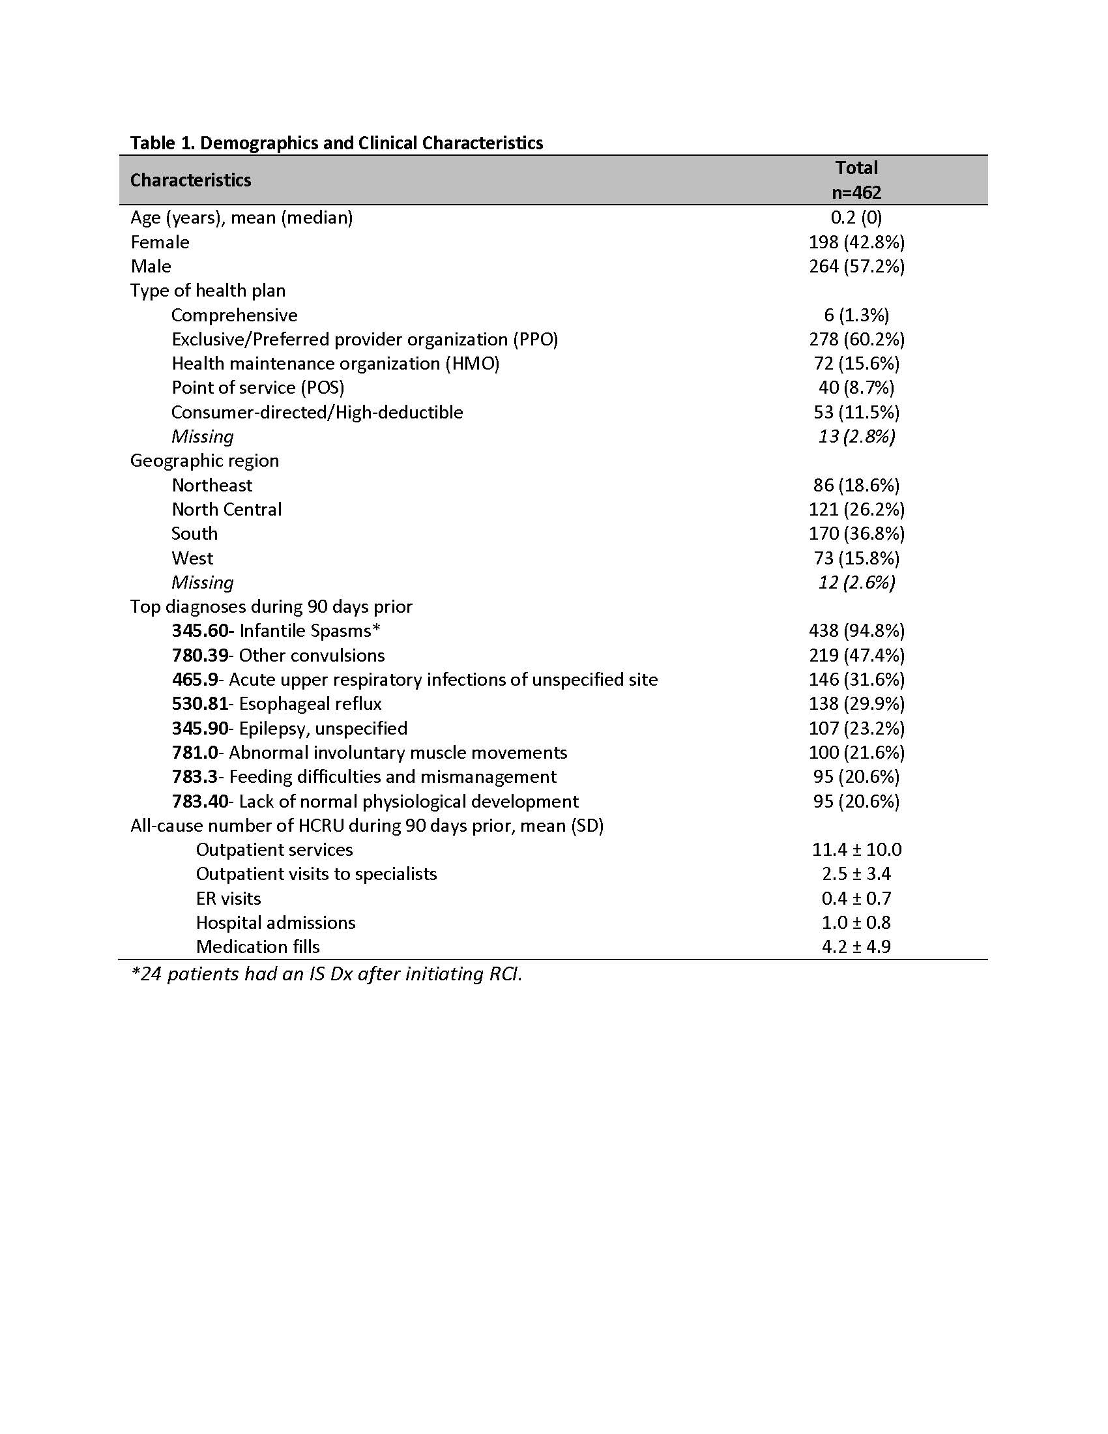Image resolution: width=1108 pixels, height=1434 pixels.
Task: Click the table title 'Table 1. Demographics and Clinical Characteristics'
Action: [x=336, y=143]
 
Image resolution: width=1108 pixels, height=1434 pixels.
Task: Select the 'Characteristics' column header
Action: [x=190, y=180]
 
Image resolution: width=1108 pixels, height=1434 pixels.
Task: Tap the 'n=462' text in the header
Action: [x=856, y=192]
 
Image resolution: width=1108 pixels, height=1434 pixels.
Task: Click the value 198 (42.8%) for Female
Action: [x=856, y=242]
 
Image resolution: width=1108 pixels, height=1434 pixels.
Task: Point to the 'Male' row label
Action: [x=151, y=267]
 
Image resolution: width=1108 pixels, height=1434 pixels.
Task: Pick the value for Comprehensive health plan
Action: [x=856, y=315]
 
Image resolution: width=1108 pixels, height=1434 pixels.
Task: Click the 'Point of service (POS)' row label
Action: [x=258, y=387]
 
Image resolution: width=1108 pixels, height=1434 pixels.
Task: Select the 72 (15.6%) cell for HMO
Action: [x=856, y=364]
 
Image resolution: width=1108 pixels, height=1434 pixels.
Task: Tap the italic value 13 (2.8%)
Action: [x=856, y=437]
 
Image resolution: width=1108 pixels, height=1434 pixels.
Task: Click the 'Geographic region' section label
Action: [x=204, y=461]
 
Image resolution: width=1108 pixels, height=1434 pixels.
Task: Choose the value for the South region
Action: [x=856, y=533]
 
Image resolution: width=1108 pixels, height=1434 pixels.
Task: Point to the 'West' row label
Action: [x=192, y=558]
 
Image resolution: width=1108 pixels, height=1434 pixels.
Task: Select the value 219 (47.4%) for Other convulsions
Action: [x=856, y=655]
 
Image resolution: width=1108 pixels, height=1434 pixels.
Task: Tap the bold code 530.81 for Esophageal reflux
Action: [x=200, y=704]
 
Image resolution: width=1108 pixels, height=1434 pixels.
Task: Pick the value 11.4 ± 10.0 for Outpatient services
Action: [x=856, y=849]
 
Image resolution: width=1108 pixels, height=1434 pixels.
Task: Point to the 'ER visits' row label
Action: [x=228, y=898]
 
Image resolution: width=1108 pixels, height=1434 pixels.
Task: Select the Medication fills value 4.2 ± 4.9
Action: [x=856, y=947]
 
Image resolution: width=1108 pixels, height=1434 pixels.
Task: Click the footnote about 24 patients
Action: [x=327, y=974]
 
